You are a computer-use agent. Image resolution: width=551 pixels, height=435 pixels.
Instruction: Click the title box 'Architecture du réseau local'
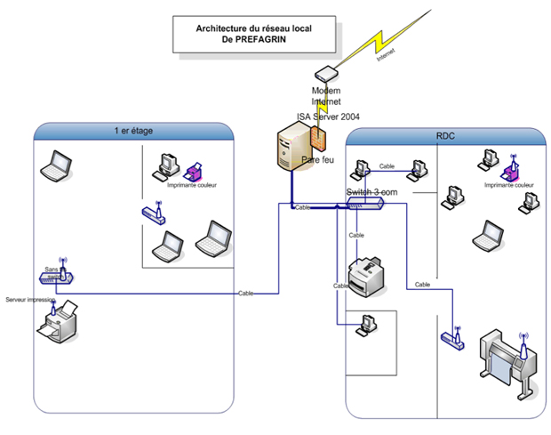point(253,35)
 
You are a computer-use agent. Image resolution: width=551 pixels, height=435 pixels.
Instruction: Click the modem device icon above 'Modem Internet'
point(326,74)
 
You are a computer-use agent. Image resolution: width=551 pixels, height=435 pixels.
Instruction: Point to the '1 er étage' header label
point(133,131)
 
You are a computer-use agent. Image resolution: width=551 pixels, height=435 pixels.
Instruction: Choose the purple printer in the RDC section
point(510,170)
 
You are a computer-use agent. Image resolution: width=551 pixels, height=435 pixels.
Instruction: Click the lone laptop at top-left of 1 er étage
point(55,165)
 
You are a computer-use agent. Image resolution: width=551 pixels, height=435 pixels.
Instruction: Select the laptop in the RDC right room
point(486,236)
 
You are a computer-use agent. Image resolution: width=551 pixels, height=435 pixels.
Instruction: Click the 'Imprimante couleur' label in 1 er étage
point(191,185)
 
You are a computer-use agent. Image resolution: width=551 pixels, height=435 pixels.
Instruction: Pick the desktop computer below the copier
point(364,326)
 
